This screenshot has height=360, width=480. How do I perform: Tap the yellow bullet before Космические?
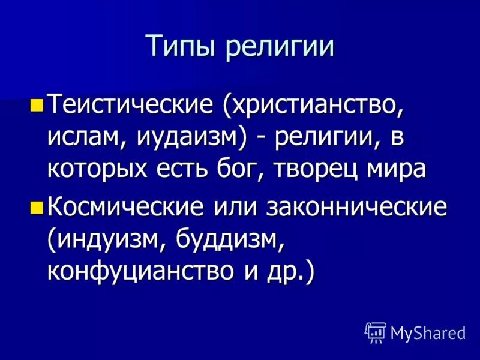pyautogui.click(x=35, y=208)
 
